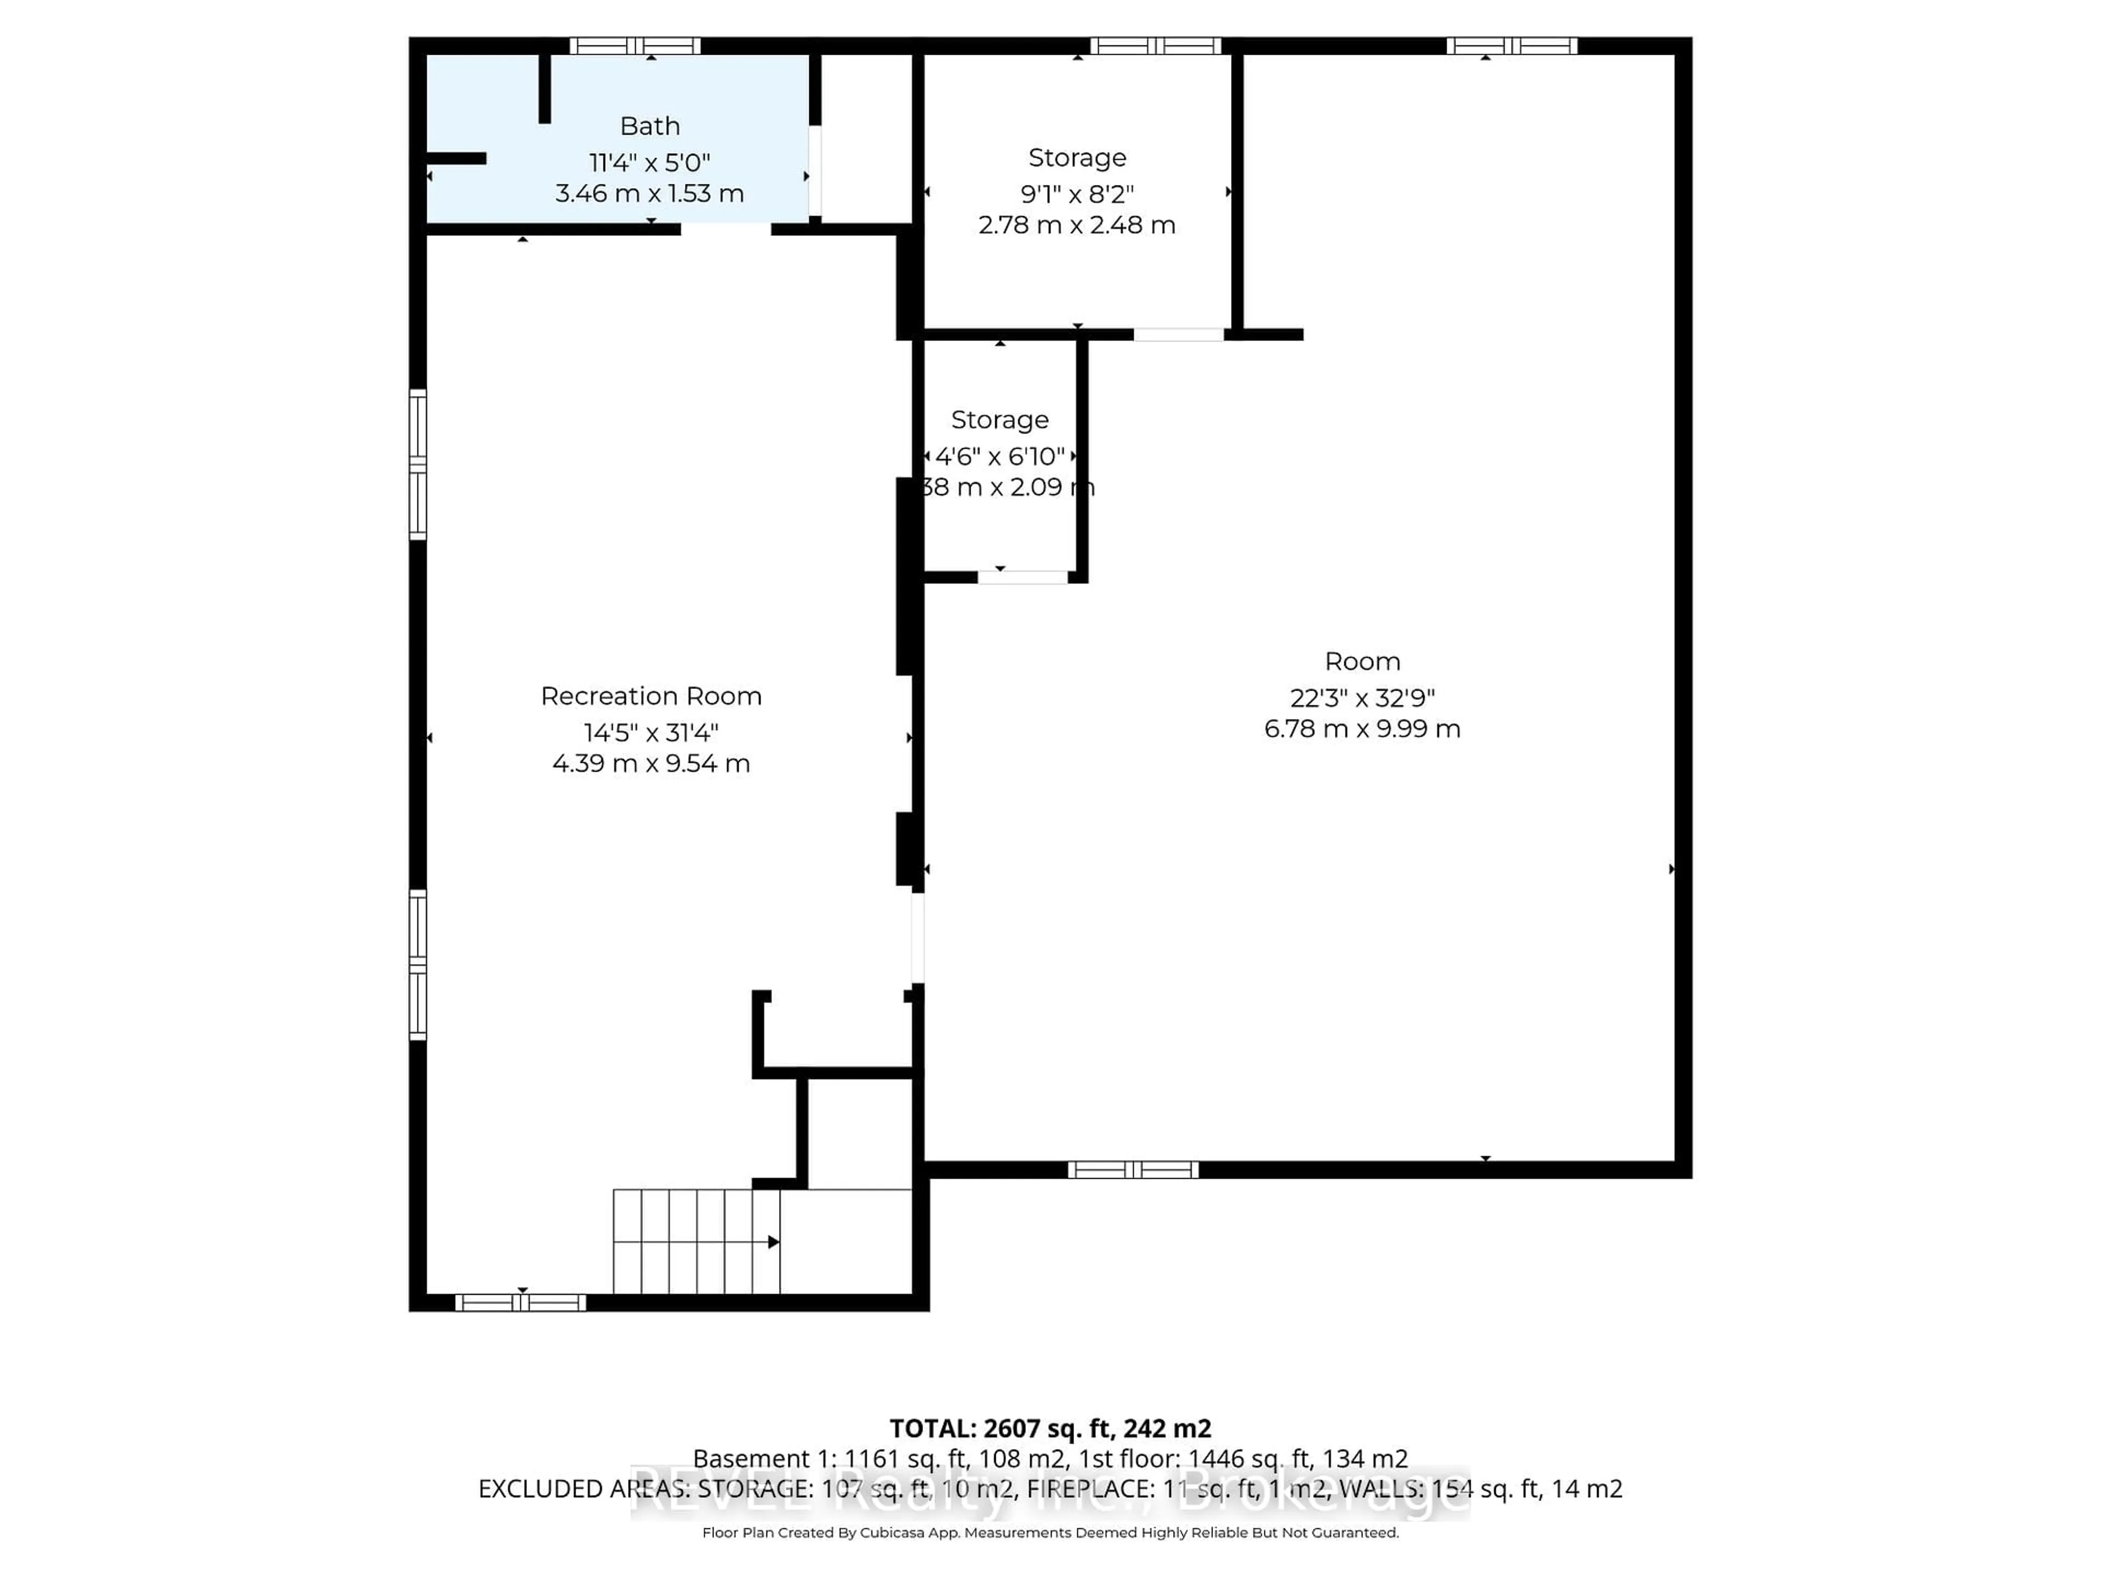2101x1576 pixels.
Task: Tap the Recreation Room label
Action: click(651, 696)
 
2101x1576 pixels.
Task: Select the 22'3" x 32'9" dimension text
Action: click(1362, 698)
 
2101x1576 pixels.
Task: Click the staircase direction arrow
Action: click(773, 1242)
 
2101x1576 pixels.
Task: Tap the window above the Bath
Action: click(635, 45)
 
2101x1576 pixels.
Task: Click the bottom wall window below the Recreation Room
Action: click(520, 1302)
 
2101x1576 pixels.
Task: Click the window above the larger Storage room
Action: click(1155, 45)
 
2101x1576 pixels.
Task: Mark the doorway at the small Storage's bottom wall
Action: click(1023, 577)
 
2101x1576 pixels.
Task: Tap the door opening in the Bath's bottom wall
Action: click(726, 229)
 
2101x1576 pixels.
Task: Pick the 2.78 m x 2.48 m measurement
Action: click(1077, 225)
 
